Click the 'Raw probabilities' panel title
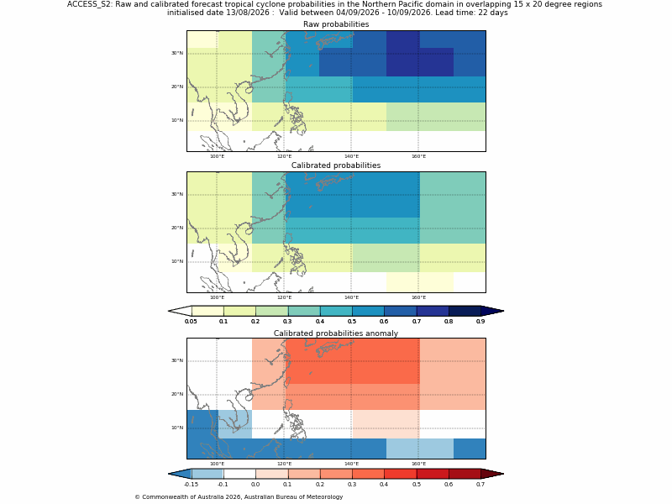pos(336,24)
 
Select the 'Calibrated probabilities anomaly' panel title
pos(336,333)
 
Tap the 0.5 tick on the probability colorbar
pos(352,321)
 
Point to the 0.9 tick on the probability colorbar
pos(480,321)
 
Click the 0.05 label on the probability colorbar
pos(191,321)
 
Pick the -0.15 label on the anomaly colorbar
pos(191,485)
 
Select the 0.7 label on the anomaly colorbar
pos(480,485)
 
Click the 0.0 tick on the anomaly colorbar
pos(255,485)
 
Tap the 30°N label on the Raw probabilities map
pos(177,53)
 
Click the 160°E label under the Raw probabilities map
pos(418,156)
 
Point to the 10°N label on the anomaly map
pos(177,428)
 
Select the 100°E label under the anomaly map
pos(217,464)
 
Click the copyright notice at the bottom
pos(239,497)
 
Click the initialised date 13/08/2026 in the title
pos(248,13)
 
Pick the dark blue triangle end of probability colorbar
pos(493,311)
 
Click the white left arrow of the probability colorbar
pos(180,311)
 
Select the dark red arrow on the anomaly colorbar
pos(493,474)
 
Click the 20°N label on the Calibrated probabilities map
pos(177,228)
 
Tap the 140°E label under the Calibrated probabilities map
pos(351,297)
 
